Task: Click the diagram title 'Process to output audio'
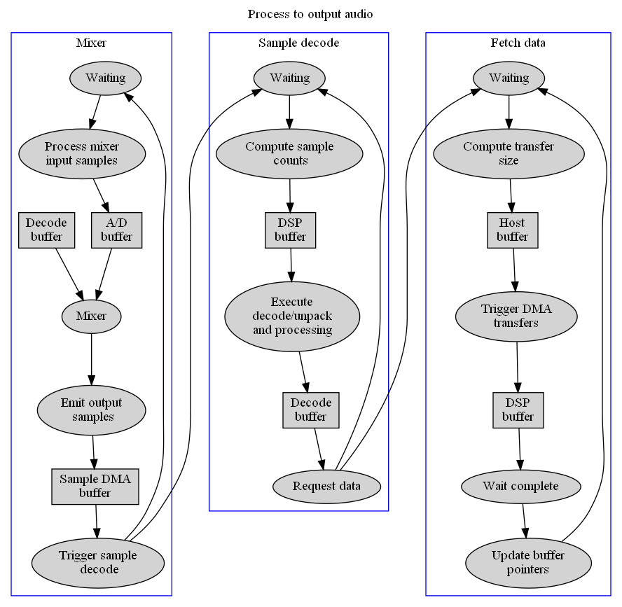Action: (x=310, y=14)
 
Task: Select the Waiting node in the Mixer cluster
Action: (x=105, y=78)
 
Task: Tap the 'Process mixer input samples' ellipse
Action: (x=82, y=153)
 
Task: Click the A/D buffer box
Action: (x=116, y=230)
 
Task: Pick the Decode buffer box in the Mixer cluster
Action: (x=46, y=230)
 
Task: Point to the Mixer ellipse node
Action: (x=91, y=316)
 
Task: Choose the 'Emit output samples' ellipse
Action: (x=91, y=410)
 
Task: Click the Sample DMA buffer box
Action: (x=95, y=486)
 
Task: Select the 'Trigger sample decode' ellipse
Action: (x=97, y=562)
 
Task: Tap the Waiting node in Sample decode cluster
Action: (x=289, y=78)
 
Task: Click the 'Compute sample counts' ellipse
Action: (x=289, y=153)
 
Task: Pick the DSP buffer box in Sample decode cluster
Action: (x=290, y=230)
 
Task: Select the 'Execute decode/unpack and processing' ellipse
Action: (x=292, y=316)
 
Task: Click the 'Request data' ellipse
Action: (x=326, y=487)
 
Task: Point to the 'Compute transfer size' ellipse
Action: (x=509, y=153)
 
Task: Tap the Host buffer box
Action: (x=512, y=230)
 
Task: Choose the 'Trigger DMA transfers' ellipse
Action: (x=516, y=316)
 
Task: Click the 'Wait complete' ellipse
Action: (x=520, y=486)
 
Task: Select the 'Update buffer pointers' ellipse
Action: (x=527, y=562)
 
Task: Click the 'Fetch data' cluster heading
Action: (x=518, y=43)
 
